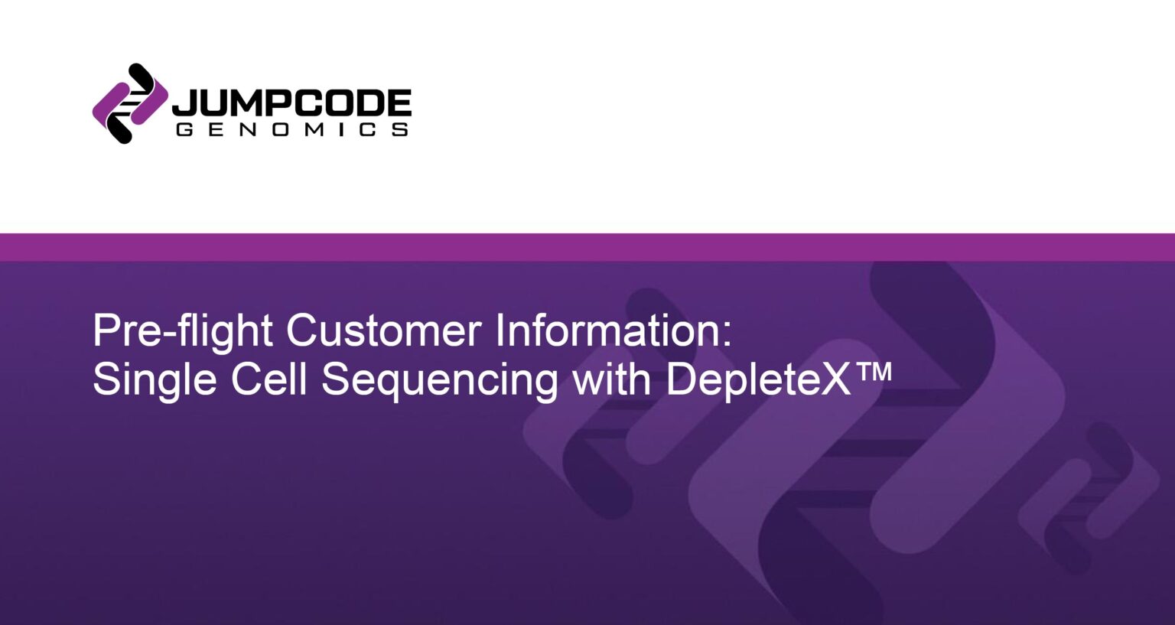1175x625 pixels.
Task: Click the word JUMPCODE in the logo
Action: pos(291,103)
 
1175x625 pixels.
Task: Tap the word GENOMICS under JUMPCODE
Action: pos(291,130)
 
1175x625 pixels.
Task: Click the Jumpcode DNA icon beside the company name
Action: pos(129,103)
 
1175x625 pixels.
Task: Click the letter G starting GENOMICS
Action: pos(184,130)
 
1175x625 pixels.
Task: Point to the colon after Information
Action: pos(727,337)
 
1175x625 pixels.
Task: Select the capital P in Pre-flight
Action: pos(105,330)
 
